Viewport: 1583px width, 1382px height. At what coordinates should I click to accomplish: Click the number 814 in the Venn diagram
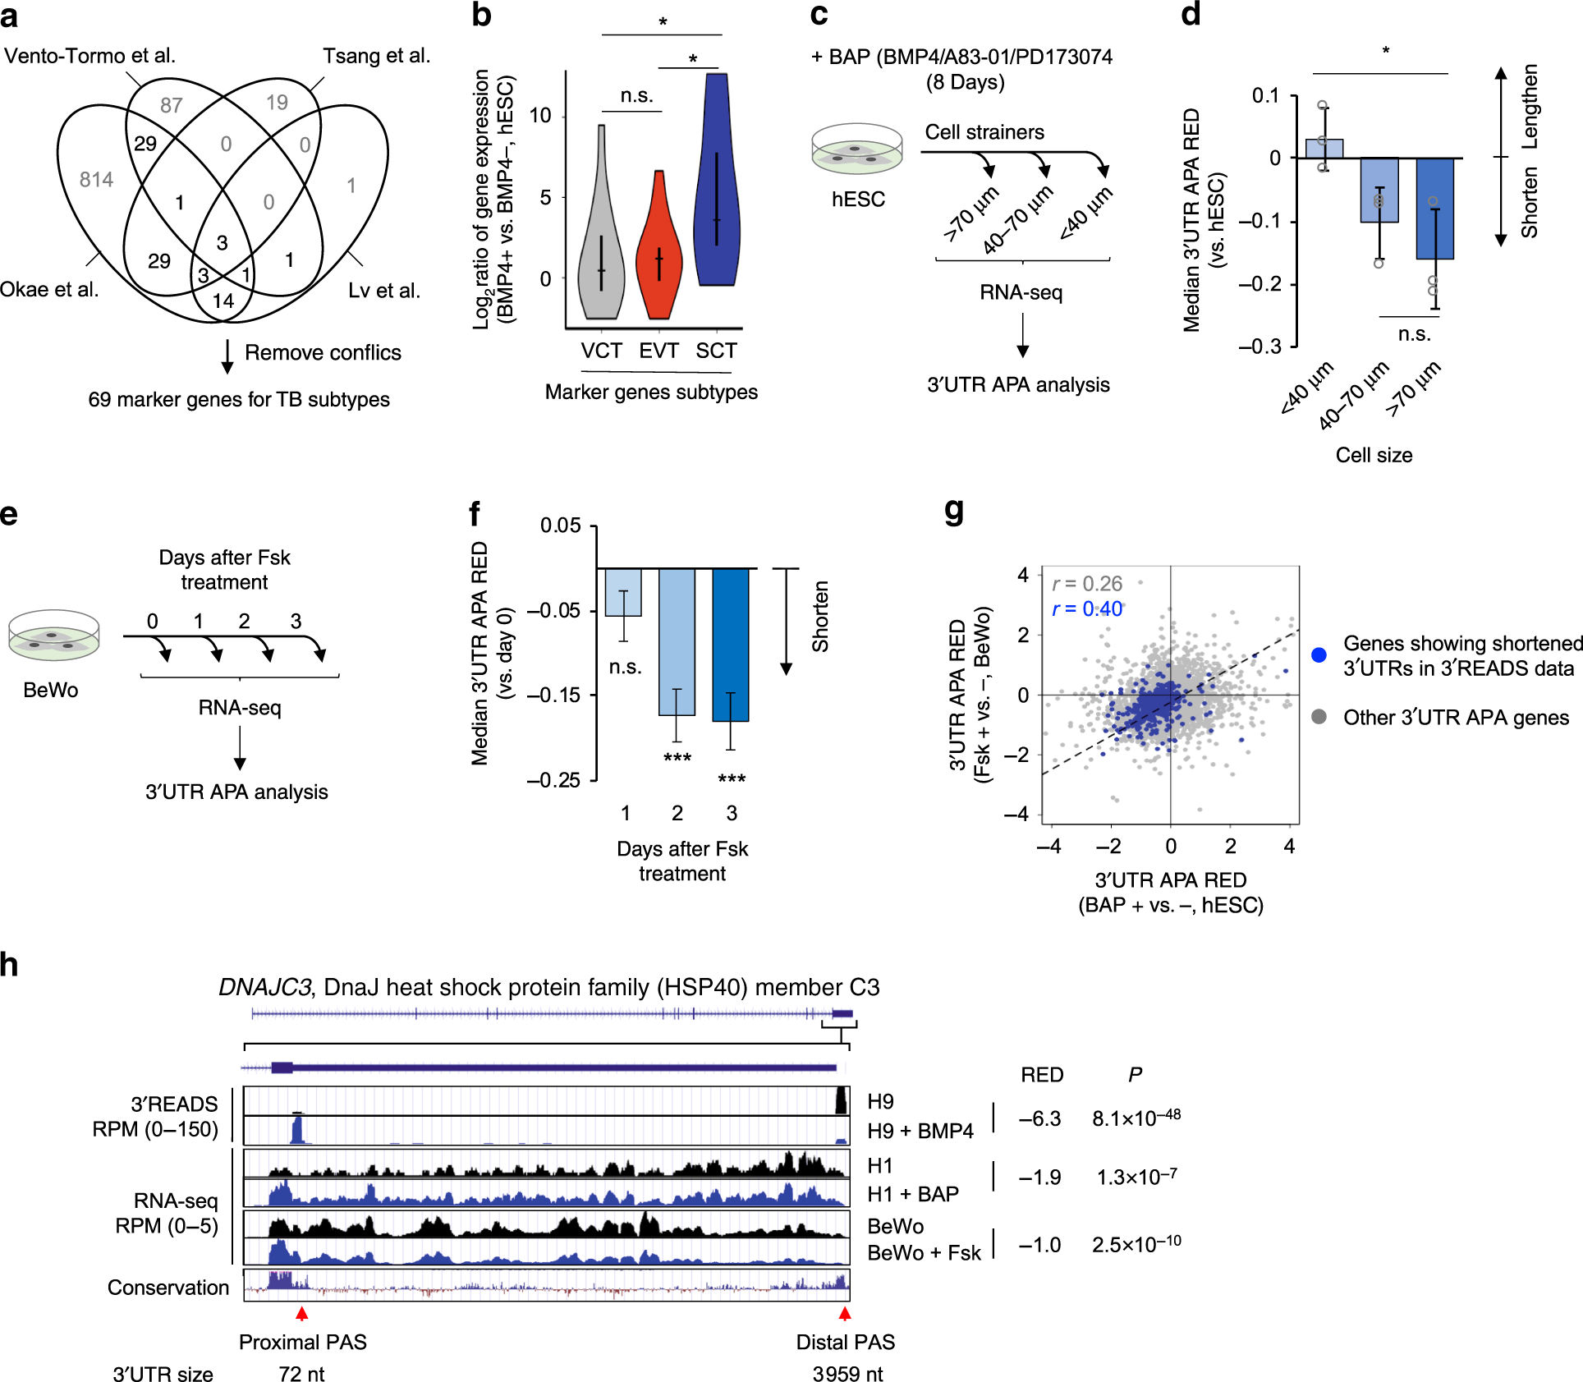click(x=96, y=180)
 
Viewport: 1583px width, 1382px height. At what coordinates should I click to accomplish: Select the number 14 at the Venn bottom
click(x=223, y=301)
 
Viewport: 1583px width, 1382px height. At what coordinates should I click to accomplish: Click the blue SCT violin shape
click(x=716, y=189)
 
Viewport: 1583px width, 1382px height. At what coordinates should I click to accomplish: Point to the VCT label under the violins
click(x=601, y=351)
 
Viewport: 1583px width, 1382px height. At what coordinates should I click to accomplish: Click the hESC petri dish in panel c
click(x=857, y=149)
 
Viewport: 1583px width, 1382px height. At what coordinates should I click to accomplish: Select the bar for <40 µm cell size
click(x=1324, y=149)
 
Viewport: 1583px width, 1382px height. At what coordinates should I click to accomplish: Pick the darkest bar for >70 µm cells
click(x=1434, y=209)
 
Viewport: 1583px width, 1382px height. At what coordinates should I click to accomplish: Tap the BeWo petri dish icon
click(x=53, y=636)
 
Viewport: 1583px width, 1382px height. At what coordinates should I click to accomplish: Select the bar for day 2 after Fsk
click(x=677, y=641)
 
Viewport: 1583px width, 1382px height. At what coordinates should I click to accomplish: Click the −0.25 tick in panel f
click(x=553, y=780)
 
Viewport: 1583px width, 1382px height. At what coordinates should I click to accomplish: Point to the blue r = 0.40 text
click(x=1086, y=608)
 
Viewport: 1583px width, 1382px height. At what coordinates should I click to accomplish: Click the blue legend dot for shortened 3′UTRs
click(x=1319, y=655)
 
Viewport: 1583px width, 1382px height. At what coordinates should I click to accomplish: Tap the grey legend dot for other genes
click(x=1319, y=717)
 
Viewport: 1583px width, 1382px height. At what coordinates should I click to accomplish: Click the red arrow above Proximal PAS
click(x=302, y=1314)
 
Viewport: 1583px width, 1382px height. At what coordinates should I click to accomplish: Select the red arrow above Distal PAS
click(x=845, y=1314)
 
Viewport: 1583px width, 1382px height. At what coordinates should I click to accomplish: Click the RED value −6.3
click(x=1039, y=1119)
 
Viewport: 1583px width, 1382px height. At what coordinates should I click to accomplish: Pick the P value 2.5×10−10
click(x=1136, y=1244)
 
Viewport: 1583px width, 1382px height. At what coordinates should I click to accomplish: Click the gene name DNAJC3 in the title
click(x=264, y=987)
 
